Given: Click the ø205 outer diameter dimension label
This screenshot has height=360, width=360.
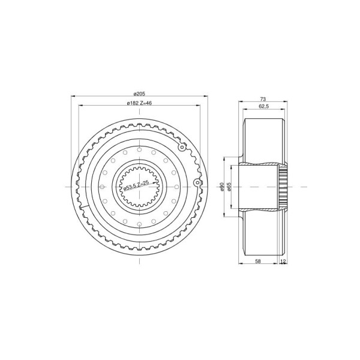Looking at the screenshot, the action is point(139,94).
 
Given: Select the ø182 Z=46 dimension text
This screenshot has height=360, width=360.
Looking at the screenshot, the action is point(139,103).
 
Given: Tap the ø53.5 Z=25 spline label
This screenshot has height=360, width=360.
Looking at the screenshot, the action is point(136,185).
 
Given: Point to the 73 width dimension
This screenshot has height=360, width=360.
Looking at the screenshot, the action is point(263,99).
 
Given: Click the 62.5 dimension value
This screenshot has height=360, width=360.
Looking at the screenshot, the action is point(263,106).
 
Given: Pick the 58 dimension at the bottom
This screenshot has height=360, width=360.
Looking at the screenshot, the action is point(258,261).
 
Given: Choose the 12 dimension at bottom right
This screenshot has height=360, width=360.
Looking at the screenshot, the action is point(283,261).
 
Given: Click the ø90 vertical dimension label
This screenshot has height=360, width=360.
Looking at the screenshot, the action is point(221,187).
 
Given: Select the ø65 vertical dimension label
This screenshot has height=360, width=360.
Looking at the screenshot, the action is point(229,187).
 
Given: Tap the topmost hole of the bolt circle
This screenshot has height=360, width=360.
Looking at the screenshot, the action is point(139,149).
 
